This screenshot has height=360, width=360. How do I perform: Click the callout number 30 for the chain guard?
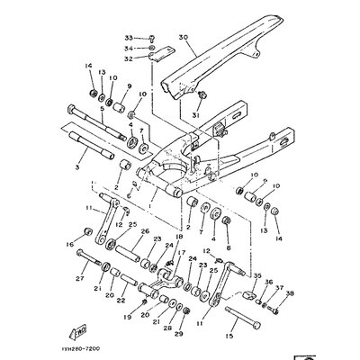(x=183, y=38)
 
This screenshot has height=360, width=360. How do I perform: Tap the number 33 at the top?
(x=128, y=39)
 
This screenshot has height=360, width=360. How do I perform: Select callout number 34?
(x=128, y=48)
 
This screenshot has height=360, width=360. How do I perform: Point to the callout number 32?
(x=128, y=58)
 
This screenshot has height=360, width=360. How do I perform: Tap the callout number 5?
(x=76, y=108)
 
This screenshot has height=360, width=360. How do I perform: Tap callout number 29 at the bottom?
(x=177, y=335)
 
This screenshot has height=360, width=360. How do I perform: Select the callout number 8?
(x=227, y=246)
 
